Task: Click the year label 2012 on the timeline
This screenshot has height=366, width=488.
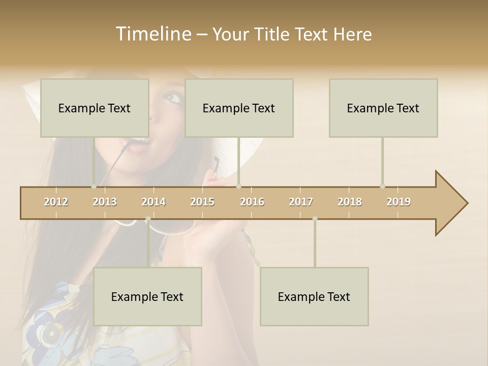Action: (56, 202)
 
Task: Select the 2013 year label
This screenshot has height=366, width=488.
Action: (105, 202)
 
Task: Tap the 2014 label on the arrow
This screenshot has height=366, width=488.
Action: (154, 202)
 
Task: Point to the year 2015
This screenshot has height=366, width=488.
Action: (202, 202)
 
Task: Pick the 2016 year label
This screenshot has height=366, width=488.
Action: (252, 202)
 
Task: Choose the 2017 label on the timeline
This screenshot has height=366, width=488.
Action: (301, 202)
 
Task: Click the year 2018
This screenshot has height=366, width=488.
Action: (350, 202)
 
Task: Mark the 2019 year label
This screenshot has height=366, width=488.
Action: (399, 202)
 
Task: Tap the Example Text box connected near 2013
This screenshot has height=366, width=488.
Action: (95, 108)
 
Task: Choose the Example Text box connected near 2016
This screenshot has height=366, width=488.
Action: (239, 108)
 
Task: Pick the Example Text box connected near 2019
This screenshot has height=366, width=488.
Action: (383, 108)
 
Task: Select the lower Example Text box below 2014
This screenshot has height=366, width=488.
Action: (147, 296)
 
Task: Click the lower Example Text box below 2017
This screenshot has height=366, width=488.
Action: (314, 296)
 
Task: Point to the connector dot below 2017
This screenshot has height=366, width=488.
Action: (315, 219)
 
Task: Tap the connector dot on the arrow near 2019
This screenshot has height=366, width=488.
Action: (382, 186)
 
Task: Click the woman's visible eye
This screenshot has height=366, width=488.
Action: (173, 97)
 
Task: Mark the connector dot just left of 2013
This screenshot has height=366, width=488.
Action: (94, 186)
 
